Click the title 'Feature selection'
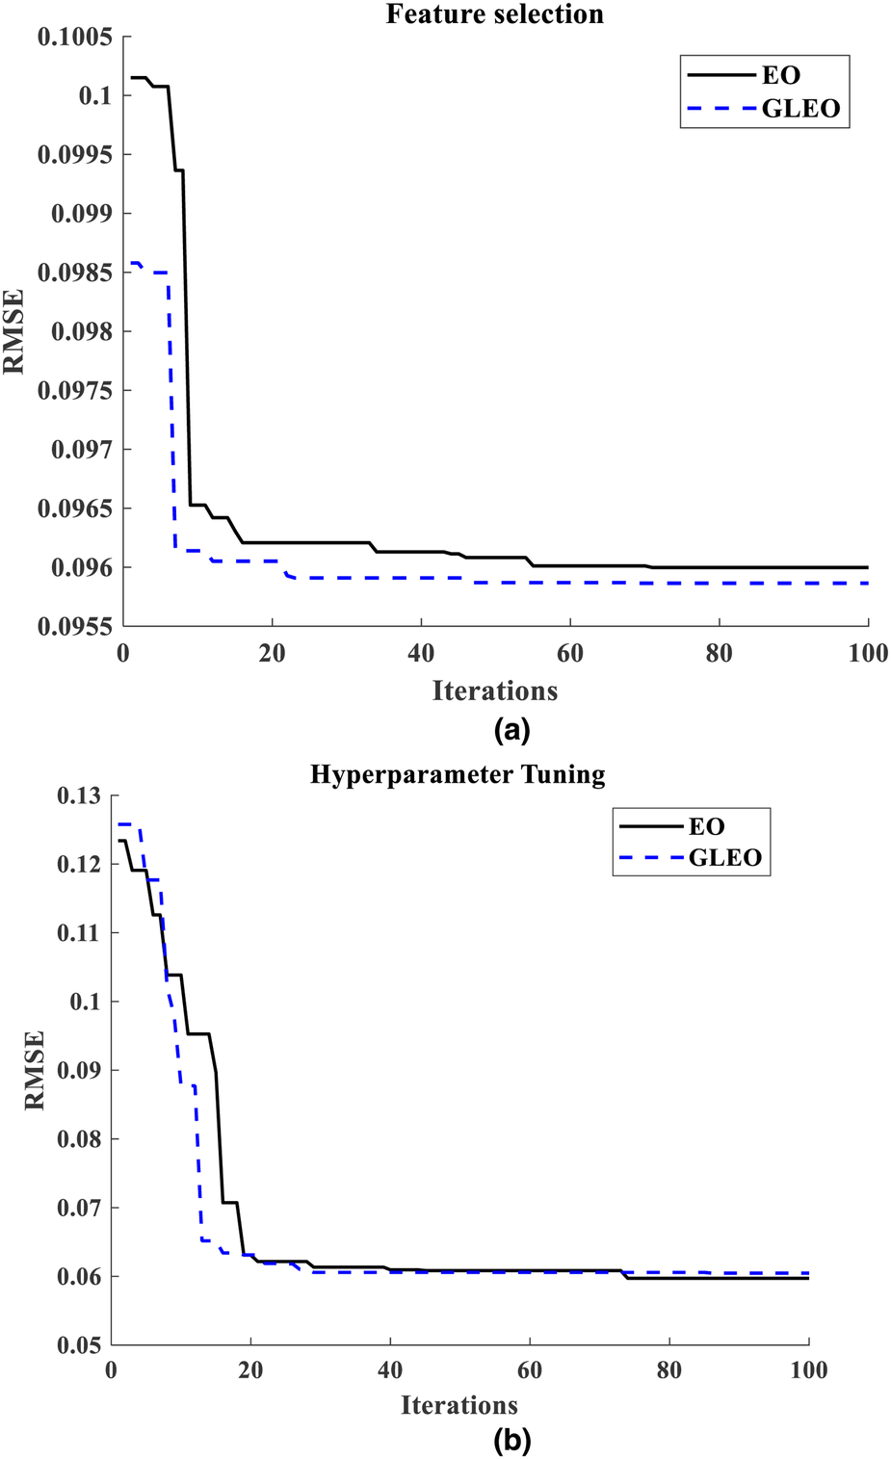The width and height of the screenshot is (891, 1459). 495,14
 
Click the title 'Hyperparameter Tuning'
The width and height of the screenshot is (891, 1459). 458,775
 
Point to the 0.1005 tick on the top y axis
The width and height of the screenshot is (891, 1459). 75,37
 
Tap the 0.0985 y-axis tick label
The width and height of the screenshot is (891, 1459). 75,273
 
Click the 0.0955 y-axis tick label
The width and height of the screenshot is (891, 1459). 75,626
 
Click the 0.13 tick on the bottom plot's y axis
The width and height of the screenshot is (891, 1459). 78,795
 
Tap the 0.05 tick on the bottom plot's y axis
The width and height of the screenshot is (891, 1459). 78,1344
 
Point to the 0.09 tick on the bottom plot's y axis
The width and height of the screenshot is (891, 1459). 78,1070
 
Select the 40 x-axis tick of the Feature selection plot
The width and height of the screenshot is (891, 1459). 421,653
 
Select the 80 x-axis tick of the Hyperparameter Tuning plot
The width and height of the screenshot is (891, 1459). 668,1370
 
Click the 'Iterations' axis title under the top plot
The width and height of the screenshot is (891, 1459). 494,690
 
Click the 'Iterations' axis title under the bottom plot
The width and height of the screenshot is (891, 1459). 459,1405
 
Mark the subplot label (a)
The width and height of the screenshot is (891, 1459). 511,730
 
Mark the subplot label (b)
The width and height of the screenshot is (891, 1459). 511,1441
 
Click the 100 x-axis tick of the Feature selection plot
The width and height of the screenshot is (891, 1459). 868,653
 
